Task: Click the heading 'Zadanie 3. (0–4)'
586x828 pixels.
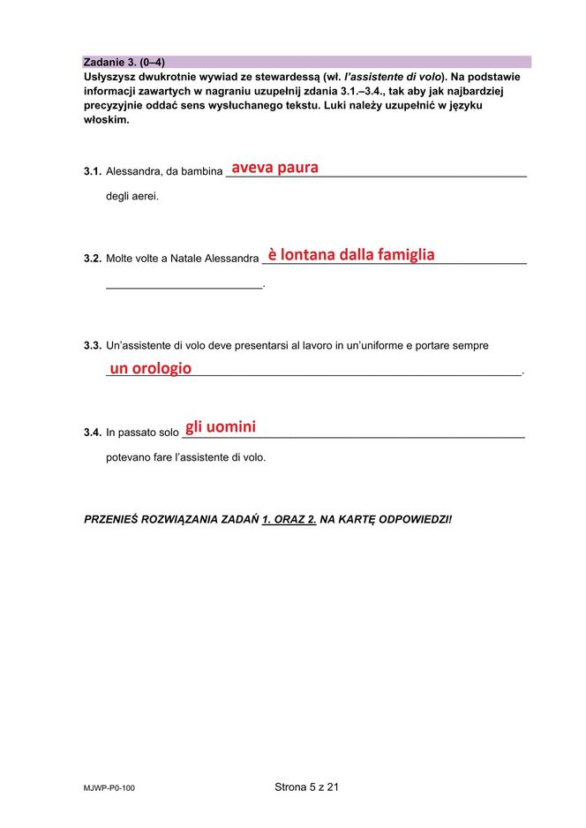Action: click(124, 62)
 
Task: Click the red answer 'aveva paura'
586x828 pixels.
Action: click(274, 168)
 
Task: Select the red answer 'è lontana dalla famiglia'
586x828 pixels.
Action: click(351, 254)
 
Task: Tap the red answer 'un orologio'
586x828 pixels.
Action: click(150, 368)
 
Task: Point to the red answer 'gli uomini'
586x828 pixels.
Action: click(221, 427)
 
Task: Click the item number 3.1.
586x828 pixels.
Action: click(93, 171)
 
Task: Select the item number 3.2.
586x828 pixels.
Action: click(93, 259)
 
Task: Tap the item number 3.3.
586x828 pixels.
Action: click(93, 346)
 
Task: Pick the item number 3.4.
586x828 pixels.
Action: click(93, 433)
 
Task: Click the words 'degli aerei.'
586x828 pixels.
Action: click(132, 196)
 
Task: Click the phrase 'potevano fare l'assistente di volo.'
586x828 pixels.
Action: click(185, 457)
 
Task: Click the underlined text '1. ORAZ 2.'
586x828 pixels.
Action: click(289, 519)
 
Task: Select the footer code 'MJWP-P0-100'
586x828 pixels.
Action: click(109, 788)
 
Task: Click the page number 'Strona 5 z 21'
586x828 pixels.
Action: click(306, 787)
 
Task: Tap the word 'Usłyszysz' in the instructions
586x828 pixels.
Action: click(112, 77)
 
